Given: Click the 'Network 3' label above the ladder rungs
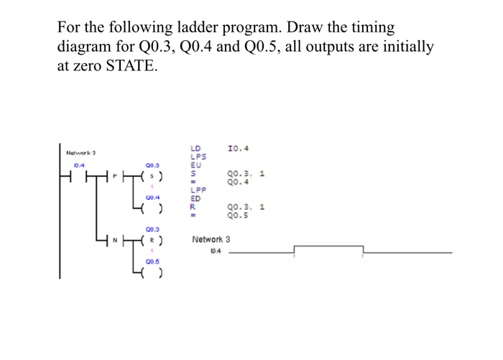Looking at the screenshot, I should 80,153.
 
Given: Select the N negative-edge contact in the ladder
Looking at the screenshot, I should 115,240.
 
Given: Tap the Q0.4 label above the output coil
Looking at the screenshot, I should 152,196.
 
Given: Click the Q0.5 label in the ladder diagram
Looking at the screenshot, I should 152,261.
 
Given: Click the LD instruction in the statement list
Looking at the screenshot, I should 195,149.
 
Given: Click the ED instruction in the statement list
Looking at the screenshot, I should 195,198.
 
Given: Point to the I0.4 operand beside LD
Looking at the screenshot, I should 237,149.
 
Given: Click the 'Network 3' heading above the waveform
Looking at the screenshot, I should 211,239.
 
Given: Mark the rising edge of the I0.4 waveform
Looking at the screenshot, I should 295,249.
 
